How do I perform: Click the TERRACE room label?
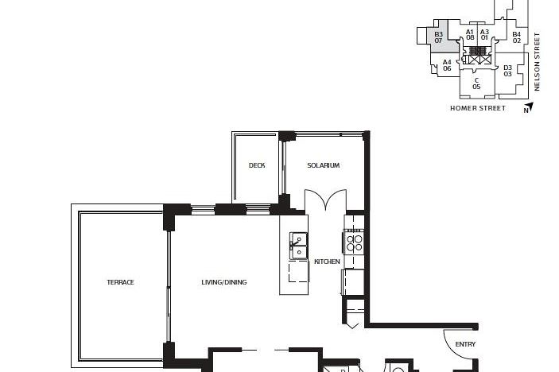coord(121,282)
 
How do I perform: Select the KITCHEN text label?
coord(327,262)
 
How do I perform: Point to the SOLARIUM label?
coord(324,165)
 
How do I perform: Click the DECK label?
coord(256,165)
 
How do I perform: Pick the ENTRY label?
coord(465,344)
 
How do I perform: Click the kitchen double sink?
coord(299,246)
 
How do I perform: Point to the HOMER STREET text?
coord(477,108)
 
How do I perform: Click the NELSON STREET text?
coord(538,61)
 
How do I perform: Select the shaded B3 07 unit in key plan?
coord(438,37)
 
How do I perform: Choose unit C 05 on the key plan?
coord(476,83)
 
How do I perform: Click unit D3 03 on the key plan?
coord(507,71)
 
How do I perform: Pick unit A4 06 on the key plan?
coord(447,65)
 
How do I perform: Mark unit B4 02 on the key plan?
coord(516,37)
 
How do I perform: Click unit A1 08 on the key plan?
coord(470,34)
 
